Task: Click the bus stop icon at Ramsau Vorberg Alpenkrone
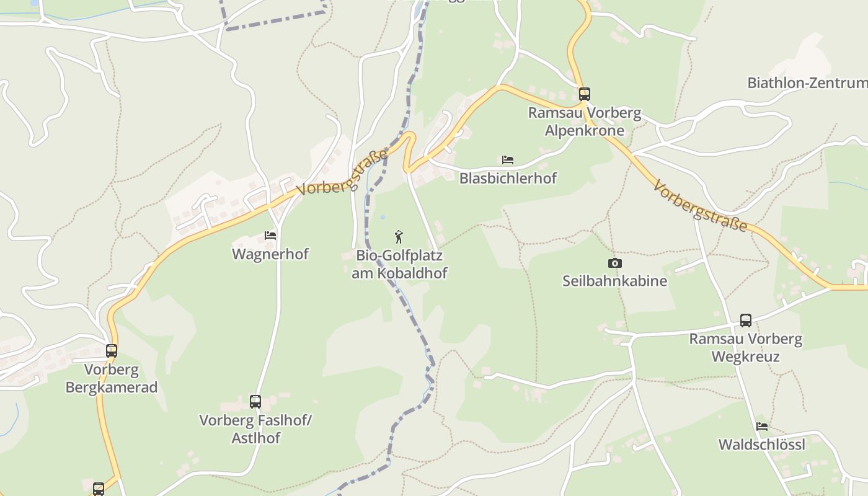point(584,94)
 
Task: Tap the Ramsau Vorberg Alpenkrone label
point(584,122)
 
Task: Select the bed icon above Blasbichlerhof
point(508,160)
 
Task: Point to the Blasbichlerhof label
point(508,179)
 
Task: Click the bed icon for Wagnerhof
point(270,236)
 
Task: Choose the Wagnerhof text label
point(270,254)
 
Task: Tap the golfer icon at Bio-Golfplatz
point(399,237)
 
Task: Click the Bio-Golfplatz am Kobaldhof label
point(399,264)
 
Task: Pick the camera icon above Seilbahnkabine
point(614,263)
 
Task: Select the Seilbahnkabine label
point(614,281)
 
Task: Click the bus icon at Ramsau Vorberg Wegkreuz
point(745,321)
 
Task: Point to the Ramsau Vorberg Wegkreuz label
point(745,348)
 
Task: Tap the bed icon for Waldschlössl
point(762,427)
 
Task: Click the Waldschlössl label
point(761,445)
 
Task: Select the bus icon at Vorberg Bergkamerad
point(112,351)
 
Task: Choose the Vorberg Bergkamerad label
point(112,378)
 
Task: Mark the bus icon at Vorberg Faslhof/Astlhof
point(255,402)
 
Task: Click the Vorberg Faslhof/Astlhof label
point(255,429)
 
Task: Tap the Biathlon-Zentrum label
point(807,83)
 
